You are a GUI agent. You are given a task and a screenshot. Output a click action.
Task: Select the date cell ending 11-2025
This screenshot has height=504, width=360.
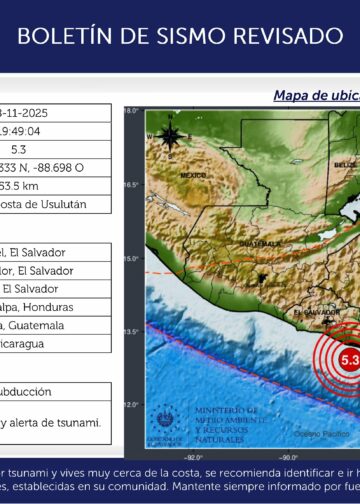[x=31, y=114]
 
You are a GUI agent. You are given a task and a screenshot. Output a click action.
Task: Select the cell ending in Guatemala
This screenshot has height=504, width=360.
[x=35, y=325]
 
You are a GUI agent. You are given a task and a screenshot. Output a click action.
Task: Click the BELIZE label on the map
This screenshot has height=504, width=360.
[x=345, y=165]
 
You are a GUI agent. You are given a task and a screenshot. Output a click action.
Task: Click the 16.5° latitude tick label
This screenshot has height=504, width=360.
[x=131, y=184]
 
